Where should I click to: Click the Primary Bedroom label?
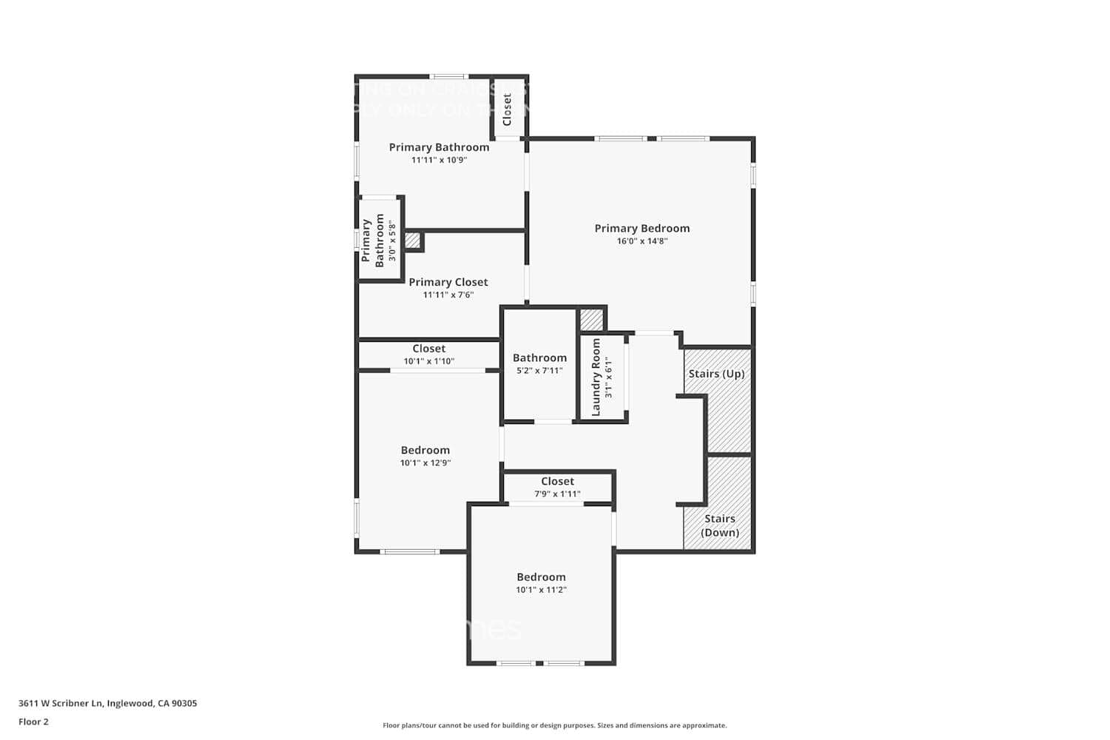click(642, 228)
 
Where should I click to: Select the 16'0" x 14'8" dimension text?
click(642, 241)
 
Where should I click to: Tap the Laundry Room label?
click(596, 377)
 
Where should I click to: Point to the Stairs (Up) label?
click(716, 374)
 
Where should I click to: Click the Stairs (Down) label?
click(719, 525)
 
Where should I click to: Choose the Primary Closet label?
click(448, 282)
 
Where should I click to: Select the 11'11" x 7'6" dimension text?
click(448, 295)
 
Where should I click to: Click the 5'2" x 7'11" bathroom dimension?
click(539, 371)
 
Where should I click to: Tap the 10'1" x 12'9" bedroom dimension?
click(425, 463)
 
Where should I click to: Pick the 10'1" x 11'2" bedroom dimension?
click(541, 591)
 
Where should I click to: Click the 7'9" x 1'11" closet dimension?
click(557, 494)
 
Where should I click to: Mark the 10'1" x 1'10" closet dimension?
click(428, 362)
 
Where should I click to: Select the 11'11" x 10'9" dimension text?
click(439, 160)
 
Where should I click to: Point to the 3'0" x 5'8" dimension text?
click(392, 241)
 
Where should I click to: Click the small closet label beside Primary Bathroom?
click(507, 110)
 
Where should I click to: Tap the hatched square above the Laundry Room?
click(591, 320)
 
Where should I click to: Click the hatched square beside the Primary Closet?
click(412, 240)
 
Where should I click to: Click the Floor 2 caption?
click(33, 721)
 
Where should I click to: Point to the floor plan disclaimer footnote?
click(554, 726)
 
